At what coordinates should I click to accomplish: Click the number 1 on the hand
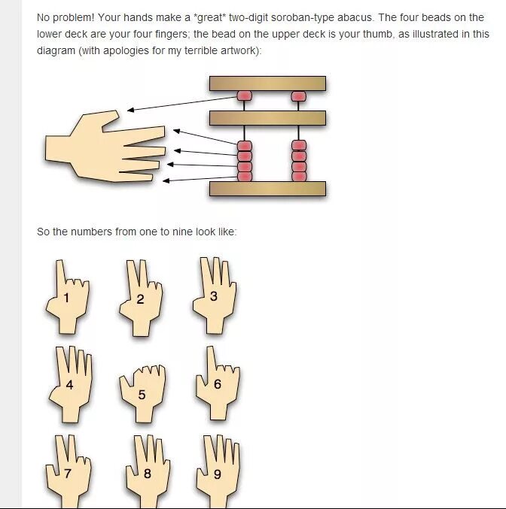(66, 297)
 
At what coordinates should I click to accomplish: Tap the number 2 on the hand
(140, 299)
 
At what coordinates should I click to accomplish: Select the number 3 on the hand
(214, 296)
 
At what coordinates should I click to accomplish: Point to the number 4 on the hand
(69, 385)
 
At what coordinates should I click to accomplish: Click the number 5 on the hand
(142, 395)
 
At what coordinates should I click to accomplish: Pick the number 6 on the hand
(218, 384)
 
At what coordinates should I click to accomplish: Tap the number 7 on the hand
(67, 474)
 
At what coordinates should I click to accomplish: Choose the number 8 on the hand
(148, 474)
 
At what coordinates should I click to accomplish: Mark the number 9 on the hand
(218, 474)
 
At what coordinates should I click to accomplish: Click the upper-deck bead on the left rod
(244, 96)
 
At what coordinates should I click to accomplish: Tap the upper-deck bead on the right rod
(298, 96)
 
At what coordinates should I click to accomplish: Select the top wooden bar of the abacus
(267, 83)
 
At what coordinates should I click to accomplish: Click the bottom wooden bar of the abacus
(267, 189)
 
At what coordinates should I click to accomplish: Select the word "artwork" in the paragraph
(239, 50)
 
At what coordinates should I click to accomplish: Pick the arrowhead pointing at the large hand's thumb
(130, 110)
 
